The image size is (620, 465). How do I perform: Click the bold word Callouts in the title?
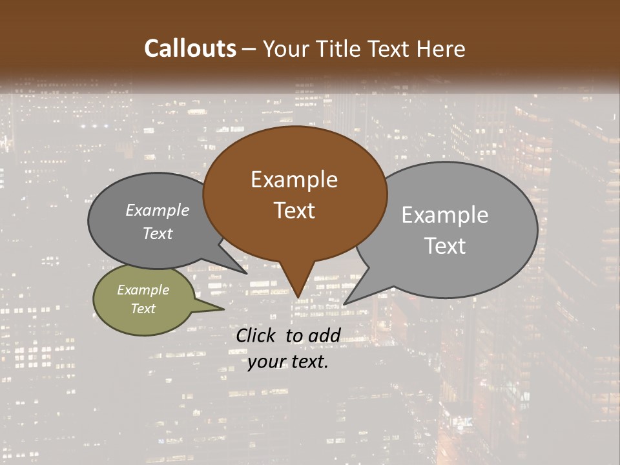pyautogui.click(x=190, y=49)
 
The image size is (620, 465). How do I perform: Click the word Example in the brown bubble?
pyautogui.click(x=294, y=180)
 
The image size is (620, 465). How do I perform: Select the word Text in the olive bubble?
pyautogui.click(x=143, y=309)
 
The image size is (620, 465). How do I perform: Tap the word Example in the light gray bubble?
pyautogui.click(x=445, y=215)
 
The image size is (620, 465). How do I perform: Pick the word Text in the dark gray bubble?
pyautogui.click(x=158, y=234)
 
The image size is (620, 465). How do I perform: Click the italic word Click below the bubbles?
pyautogui.click(x=256, y=335)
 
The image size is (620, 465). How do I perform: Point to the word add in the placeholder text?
pyautogui.click(x=324, y=335)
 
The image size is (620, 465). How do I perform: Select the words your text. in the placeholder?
pyautogui.click(x=288, y=362)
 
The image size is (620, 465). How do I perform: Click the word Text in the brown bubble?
pyautogui.click(x=294, y=211)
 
